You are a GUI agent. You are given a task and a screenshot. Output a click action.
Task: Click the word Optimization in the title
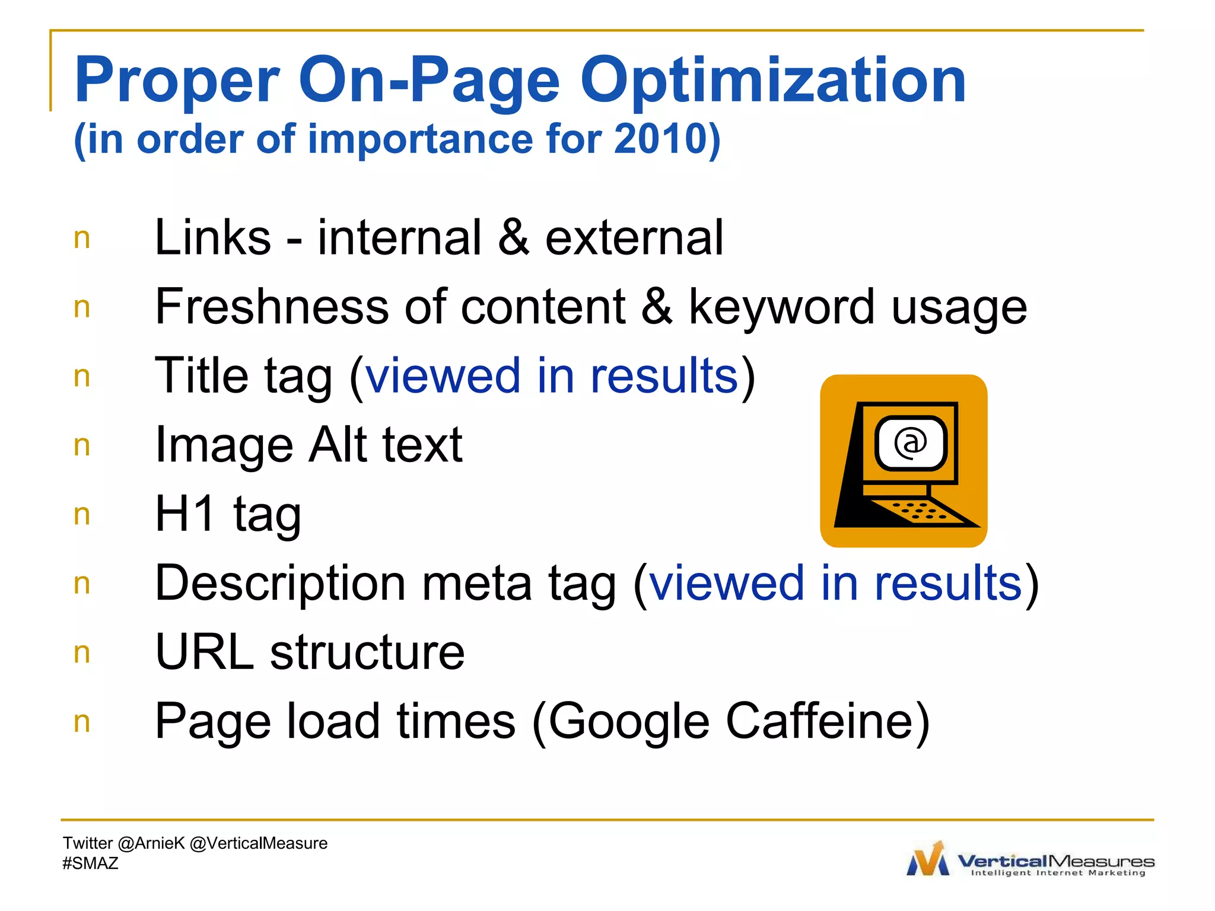(772, 80)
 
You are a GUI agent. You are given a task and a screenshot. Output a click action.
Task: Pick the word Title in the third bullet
(201, 375)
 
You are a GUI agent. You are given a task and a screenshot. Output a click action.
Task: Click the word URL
(204, 652)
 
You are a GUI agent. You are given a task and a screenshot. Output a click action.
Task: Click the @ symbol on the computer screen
(911, 442)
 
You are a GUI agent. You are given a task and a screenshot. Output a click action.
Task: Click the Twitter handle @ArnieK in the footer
(151, 843)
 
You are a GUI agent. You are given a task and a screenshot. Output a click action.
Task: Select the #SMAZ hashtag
(90, 864)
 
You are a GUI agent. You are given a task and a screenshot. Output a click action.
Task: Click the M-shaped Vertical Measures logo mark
(928, 859)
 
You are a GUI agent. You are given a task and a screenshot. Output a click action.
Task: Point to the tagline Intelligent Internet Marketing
(1058, 873)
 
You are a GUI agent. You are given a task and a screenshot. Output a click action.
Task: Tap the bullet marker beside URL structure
(82, 653)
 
